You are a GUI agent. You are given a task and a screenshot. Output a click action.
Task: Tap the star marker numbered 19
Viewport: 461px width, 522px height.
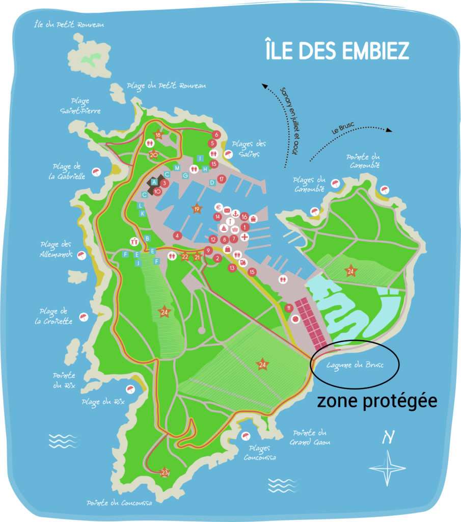pyautogui.click(x=197, y=208)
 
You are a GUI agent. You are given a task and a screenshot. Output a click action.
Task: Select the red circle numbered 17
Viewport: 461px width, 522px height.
pyautogui.click(x=222, y=179)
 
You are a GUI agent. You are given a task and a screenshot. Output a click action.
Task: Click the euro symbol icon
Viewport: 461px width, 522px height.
pyautogui.click(x=219, y=208)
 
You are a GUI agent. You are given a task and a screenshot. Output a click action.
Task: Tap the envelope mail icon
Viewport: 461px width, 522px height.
pyautogui.click(x=227, y=211)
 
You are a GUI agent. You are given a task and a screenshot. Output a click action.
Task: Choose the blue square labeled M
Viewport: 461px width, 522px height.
pyautogui.click(x=177, y=168)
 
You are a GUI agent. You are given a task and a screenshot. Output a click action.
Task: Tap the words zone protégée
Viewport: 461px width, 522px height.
pyautogui.click(x=377, y=401)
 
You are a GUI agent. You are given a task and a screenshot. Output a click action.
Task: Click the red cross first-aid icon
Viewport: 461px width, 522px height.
pyautogui.click(x=245, y=238)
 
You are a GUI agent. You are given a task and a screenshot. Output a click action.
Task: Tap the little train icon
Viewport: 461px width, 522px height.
pyautogui.click(x=243, y=263)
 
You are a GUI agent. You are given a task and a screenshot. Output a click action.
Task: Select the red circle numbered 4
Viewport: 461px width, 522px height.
pyautogui.click(x=177, y=236)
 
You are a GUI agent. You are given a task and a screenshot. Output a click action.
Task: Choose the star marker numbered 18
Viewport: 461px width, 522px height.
pyautogui.click(x=158, y=135)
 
